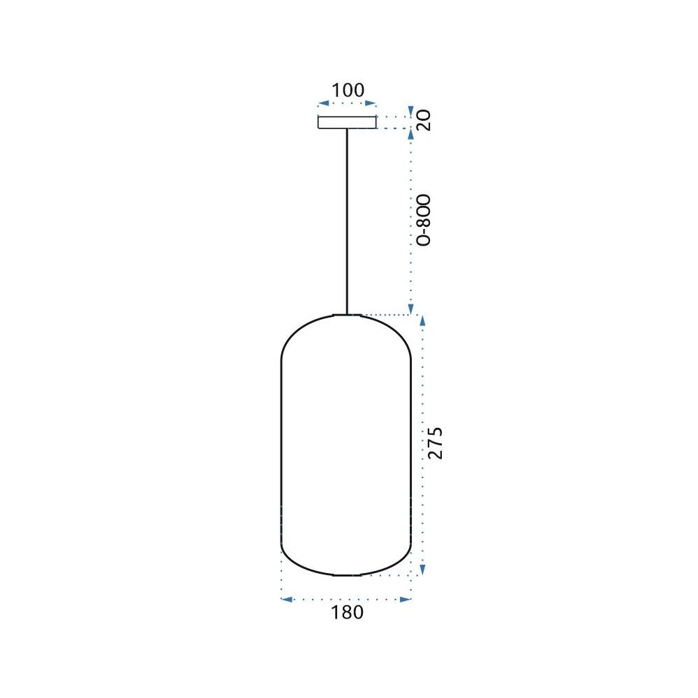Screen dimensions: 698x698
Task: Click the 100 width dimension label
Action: (348, 90)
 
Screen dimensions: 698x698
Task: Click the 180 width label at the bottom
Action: (348, 613)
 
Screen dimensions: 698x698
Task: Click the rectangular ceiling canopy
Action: (347, 123)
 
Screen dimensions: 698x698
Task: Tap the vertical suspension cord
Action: (347, 223)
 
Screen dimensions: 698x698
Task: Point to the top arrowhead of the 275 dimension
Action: (422, 320)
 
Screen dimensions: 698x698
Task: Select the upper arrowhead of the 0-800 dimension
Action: (411, 135)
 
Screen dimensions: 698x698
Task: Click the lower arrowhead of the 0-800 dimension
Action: (411, 309)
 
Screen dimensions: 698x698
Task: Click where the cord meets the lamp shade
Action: (347, 315)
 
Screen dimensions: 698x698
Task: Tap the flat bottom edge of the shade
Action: (347, 575)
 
